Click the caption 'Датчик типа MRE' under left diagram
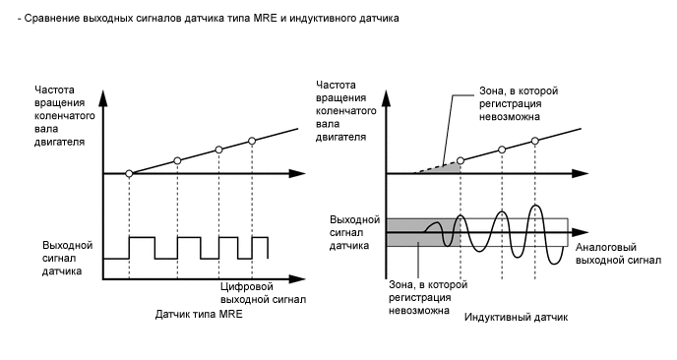[199, 315]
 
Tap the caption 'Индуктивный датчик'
[517, 319]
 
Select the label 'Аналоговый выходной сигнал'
[617, 254]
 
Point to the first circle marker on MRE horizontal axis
[130, 173]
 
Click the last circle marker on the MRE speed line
[252, 142]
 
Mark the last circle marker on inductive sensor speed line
[535, 140]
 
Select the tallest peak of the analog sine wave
[535, 208]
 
